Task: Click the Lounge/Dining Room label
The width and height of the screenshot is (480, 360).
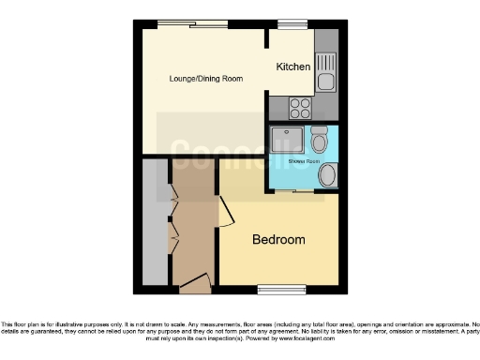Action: tap(205, 79)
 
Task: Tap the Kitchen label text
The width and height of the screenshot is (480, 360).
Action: tap(293, 67)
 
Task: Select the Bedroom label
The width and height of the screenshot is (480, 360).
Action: tap(278, 240)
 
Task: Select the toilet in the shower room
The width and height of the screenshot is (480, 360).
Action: tap(319, 140)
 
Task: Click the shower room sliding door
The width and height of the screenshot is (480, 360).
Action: tap(302, 192)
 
